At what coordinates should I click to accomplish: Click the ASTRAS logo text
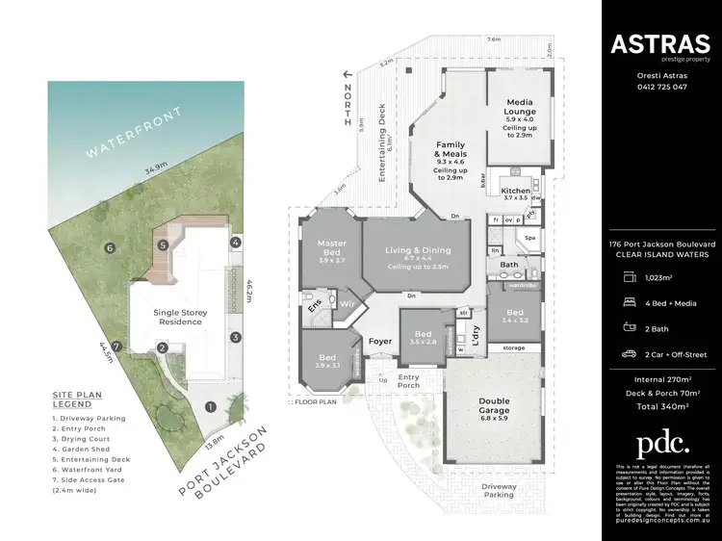point(659,43)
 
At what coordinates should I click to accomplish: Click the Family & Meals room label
point(451,150)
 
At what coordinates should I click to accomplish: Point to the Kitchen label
point(515,192)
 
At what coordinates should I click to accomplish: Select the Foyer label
point(380,341)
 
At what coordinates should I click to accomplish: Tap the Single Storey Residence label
point(180,317)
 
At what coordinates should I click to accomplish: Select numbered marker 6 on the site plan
point(111,247)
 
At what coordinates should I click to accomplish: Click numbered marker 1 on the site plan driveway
point(209,406)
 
